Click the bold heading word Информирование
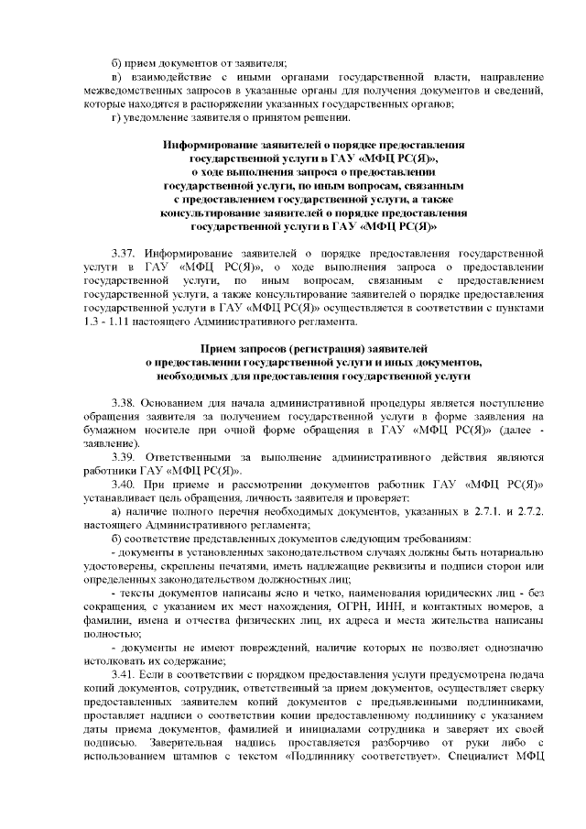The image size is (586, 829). (x=212, y=145)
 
